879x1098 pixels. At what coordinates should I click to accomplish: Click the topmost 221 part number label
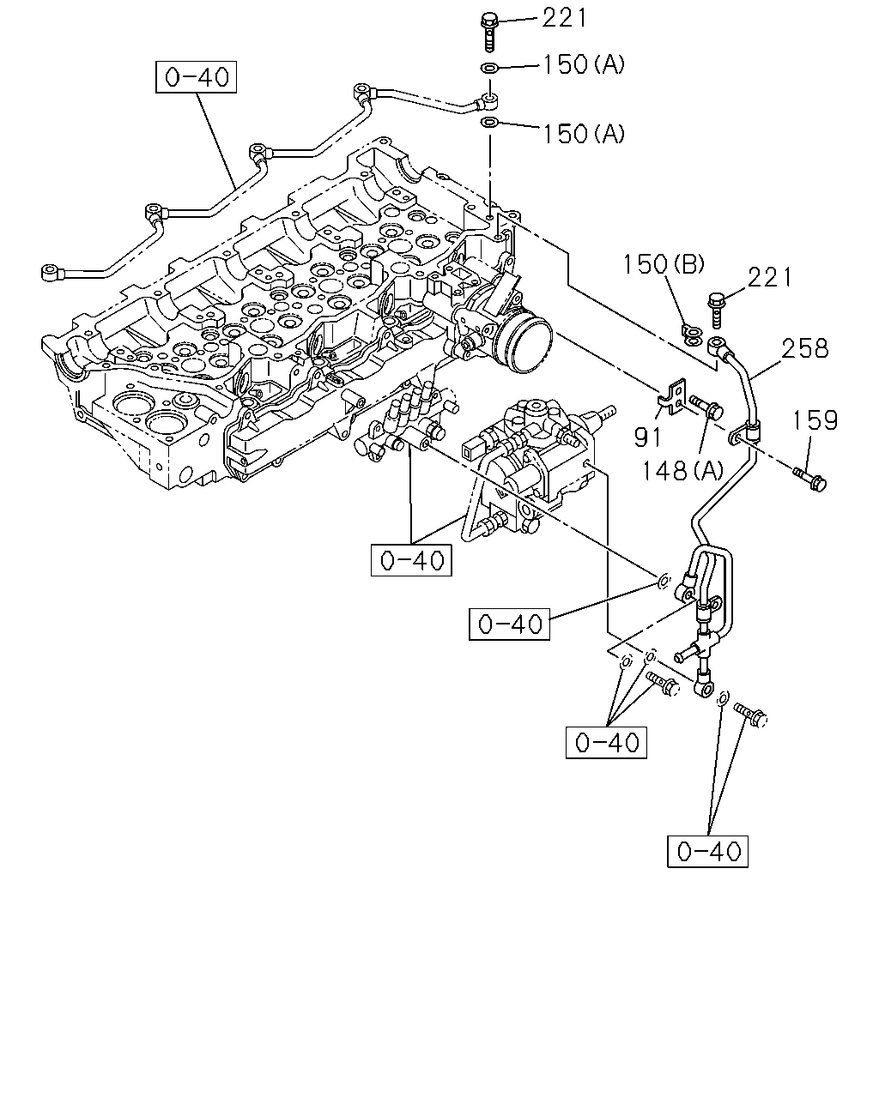pos(564,18)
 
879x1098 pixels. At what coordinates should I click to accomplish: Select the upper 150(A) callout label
pos(584,65)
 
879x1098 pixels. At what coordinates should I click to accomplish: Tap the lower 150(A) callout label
pos(584,134)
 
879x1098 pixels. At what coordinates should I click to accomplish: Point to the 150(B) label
pos(664,264)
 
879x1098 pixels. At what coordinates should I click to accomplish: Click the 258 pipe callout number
pos(804,349)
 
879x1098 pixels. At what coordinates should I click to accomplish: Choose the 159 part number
pos(815,420)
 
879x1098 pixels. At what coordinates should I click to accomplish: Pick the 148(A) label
pos(682,470)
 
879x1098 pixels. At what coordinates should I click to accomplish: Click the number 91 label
pos(647,437)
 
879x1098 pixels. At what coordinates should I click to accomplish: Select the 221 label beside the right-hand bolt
pos(769,278)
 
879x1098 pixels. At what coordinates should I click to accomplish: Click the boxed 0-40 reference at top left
pos(196,77)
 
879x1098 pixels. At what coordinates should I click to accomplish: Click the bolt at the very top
pos(489,32)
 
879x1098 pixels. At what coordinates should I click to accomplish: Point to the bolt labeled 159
pos(810,480)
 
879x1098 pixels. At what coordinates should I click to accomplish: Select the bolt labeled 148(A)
pos(706,406)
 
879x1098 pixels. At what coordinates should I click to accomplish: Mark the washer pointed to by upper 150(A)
pos(489,67)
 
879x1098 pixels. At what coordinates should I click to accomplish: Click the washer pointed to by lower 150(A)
pos(489,123)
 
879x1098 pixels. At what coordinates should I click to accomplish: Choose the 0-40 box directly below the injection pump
pos(411,560)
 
